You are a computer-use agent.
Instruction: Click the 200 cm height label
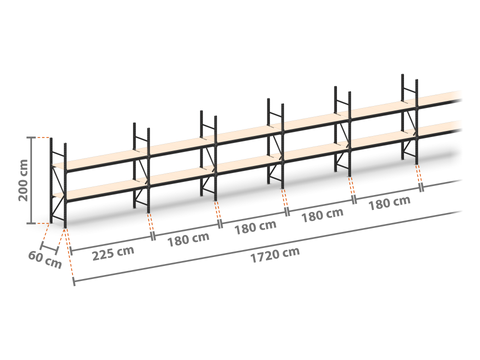click(x=23, y=180)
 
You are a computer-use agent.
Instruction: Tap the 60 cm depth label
click(x=45, y=260)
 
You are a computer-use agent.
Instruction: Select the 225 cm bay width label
click(x=113, y=253)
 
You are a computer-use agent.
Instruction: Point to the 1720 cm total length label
click(x=275, y=255)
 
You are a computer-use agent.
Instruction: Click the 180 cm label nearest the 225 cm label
click(x=188, y=239)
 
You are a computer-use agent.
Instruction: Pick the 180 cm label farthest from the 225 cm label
click(x=389, y=203)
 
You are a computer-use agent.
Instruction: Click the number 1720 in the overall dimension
click(x=264, y=257)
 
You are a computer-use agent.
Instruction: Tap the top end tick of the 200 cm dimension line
click(x=32, y=137)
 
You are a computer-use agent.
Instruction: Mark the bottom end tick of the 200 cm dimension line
click(x=32, y=223)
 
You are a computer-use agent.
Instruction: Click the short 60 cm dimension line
click(x=49, y=249)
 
